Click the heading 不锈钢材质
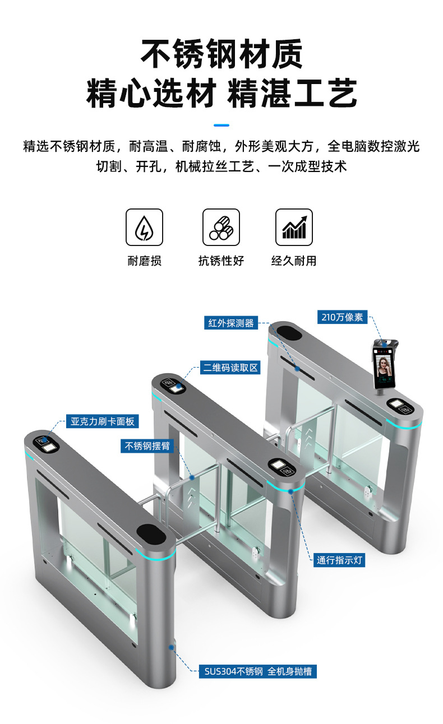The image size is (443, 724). point(221,54)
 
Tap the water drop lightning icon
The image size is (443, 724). point(144,227)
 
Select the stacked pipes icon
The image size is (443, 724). point(221,227)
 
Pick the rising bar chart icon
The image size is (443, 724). point(294,227)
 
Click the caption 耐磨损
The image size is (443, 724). point(144,261)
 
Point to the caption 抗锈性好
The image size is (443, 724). point(221,261)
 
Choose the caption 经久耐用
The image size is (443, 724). point(294,261)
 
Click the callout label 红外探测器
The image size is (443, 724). point(231,323)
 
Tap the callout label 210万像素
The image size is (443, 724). point(343,317)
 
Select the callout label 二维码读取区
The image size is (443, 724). point(230,368)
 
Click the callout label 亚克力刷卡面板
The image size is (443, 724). point(103,421)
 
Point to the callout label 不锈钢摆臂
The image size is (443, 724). point(147,446)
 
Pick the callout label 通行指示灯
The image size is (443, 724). point(339,560)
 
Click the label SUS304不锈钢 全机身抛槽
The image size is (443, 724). point(258,671)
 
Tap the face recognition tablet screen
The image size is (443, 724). point(385,367)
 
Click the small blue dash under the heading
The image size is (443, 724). point(221,125)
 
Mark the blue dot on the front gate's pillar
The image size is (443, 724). point(171,647)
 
